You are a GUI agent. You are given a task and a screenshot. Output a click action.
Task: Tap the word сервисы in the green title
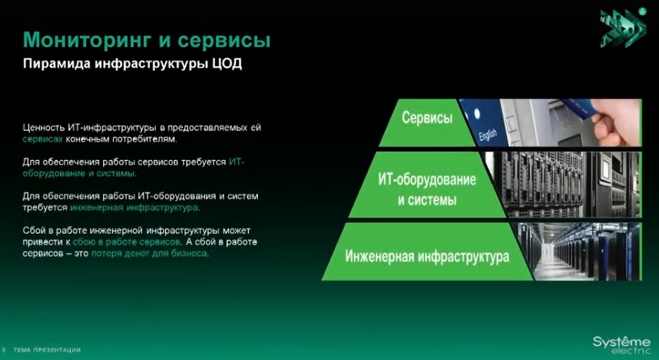coord(224,41)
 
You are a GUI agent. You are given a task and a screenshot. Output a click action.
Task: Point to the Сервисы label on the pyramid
coord(427,117)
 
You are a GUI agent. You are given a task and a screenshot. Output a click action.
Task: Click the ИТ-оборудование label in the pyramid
coord(427,180)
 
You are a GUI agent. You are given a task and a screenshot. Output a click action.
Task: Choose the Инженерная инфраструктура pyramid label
coord(427,256)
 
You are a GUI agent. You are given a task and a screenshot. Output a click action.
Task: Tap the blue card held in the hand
coord(579,109)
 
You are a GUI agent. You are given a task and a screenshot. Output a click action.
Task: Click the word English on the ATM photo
coord(488,135)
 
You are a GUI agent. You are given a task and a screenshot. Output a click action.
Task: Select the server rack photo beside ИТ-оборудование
coord(563,184)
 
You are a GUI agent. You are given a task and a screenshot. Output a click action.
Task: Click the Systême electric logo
coord(621,344)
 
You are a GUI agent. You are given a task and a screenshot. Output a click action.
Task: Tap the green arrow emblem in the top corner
coord(623,28)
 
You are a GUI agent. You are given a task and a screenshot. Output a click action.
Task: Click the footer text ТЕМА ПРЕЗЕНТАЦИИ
coord(46,350)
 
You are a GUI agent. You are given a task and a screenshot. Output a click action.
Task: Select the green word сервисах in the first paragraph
coord(42,139)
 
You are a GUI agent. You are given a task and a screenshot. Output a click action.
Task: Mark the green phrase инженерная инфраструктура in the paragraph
coord(134,207)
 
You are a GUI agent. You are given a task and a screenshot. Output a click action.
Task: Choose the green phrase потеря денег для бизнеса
coord(149,254)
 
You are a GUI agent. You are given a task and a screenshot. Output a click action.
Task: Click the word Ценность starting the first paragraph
coord(44,127)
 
